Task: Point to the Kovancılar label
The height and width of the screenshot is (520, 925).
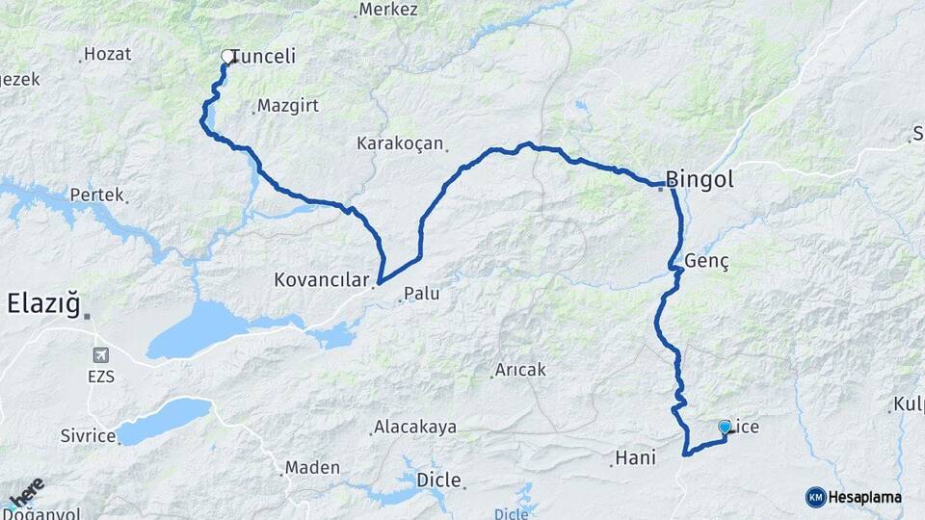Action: (x=321, y=281)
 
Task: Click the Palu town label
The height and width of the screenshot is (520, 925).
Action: (x=422, y=294)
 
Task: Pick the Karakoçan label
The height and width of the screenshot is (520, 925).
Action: (x=400, y=143)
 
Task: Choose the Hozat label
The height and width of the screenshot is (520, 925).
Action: (x=107, y=54)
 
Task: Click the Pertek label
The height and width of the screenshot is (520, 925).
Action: (x=96, y=195)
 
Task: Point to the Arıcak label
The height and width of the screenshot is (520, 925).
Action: (x=520, y=370)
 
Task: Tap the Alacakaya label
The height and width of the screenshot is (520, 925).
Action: (x=415, y=427)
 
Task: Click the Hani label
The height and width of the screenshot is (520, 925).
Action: (x=635, y=458)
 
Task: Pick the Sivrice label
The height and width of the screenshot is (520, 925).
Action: (x=88, y=436)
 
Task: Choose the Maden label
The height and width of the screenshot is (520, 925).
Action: (x=313, y=468)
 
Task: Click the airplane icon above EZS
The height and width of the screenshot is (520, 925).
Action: (x=101, y=355)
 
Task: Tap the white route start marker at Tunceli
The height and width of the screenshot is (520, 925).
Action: (x=228, y=57)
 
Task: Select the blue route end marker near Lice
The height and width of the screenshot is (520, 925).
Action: (x=725, y=426)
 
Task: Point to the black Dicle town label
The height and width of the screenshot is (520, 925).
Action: (x=438, y=480)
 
